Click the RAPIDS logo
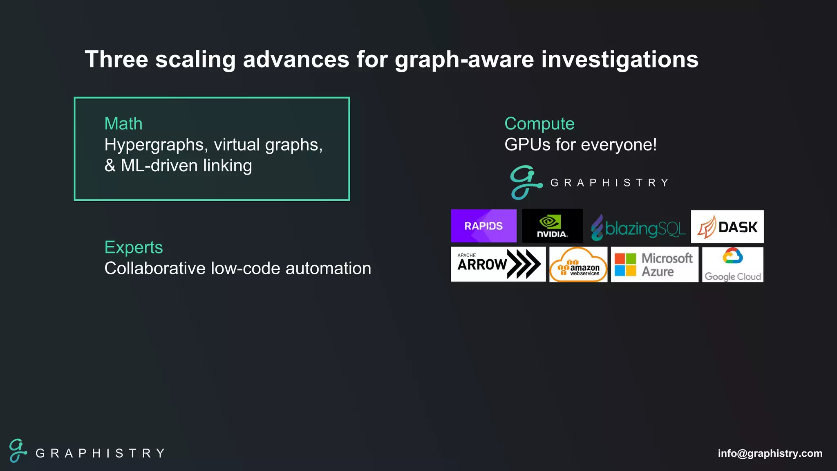[483, 226]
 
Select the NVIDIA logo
[552, 226]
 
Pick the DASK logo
[727, 227]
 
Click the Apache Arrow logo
[498, 264]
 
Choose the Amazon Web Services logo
[578, 265]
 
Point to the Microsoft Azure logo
[654, 265]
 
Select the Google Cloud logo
[732, 265]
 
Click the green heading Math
[123, 123]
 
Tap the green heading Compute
[539, 123]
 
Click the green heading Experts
[134, 247]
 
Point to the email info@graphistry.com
[770, 453]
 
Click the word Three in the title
[116, 59]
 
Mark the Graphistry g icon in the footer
[18, 451]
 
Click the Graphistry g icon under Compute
[526, 182]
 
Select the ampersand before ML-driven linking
[110, 166]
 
